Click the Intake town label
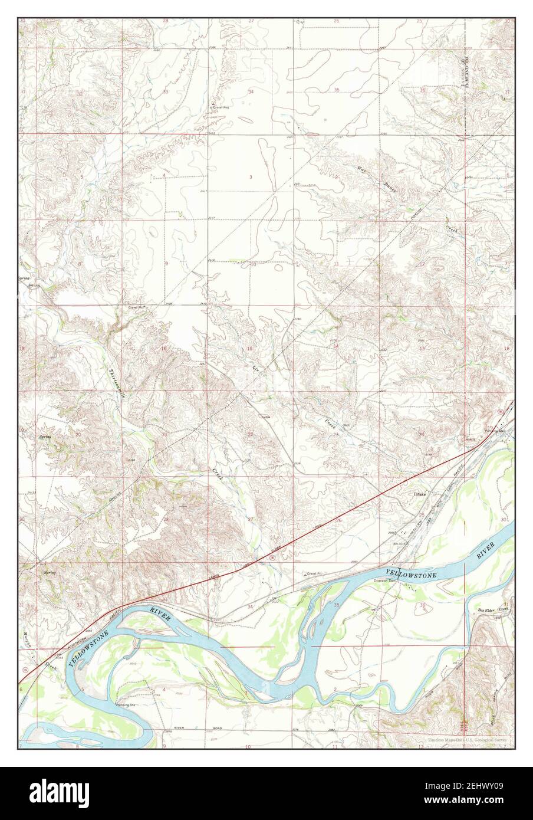pos(419,493)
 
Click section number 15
pos(249,349)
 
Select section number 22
pos(250,434)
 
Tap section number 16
pos(164,349)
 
